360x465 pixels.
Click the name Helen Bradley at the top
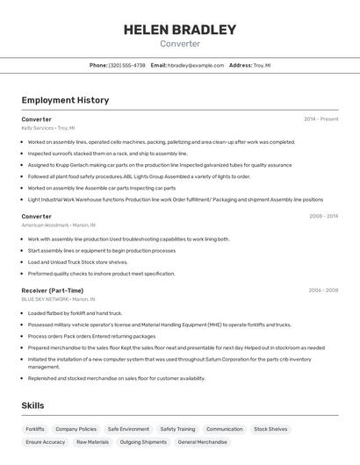[180, 30]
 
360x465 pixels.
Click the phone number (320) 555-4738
[127, 66]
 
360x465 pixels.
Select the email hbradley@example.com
[196, 66]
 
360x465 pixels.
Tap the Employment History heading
[65, 100]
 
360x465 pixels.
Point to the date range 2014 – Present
[321, 119]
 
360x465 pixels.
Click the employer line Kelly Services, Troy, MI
[48, 128]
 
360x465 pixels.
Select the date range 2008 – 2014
[323, 216]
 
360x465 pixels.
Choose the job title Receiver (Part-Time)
[53, 290]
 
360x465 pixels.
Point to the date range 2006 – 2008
[323, 290]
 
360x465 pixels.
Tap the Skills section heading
[34, 406]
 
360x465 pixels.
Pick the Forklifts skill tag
[35, 429]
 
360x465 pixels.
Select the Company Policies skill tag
[76, 429]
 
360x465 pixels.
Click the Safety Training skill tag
[177, 429]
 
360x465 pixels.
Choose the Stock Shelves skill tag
[270, 429]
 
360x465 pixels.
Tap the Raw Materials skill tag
[92, 442]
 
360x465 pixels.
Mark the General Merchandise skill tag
[203, 442]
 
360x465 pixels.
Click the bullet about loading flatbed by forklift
[75, 313]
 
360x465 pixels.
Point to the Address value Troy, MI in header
[262, 66]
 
